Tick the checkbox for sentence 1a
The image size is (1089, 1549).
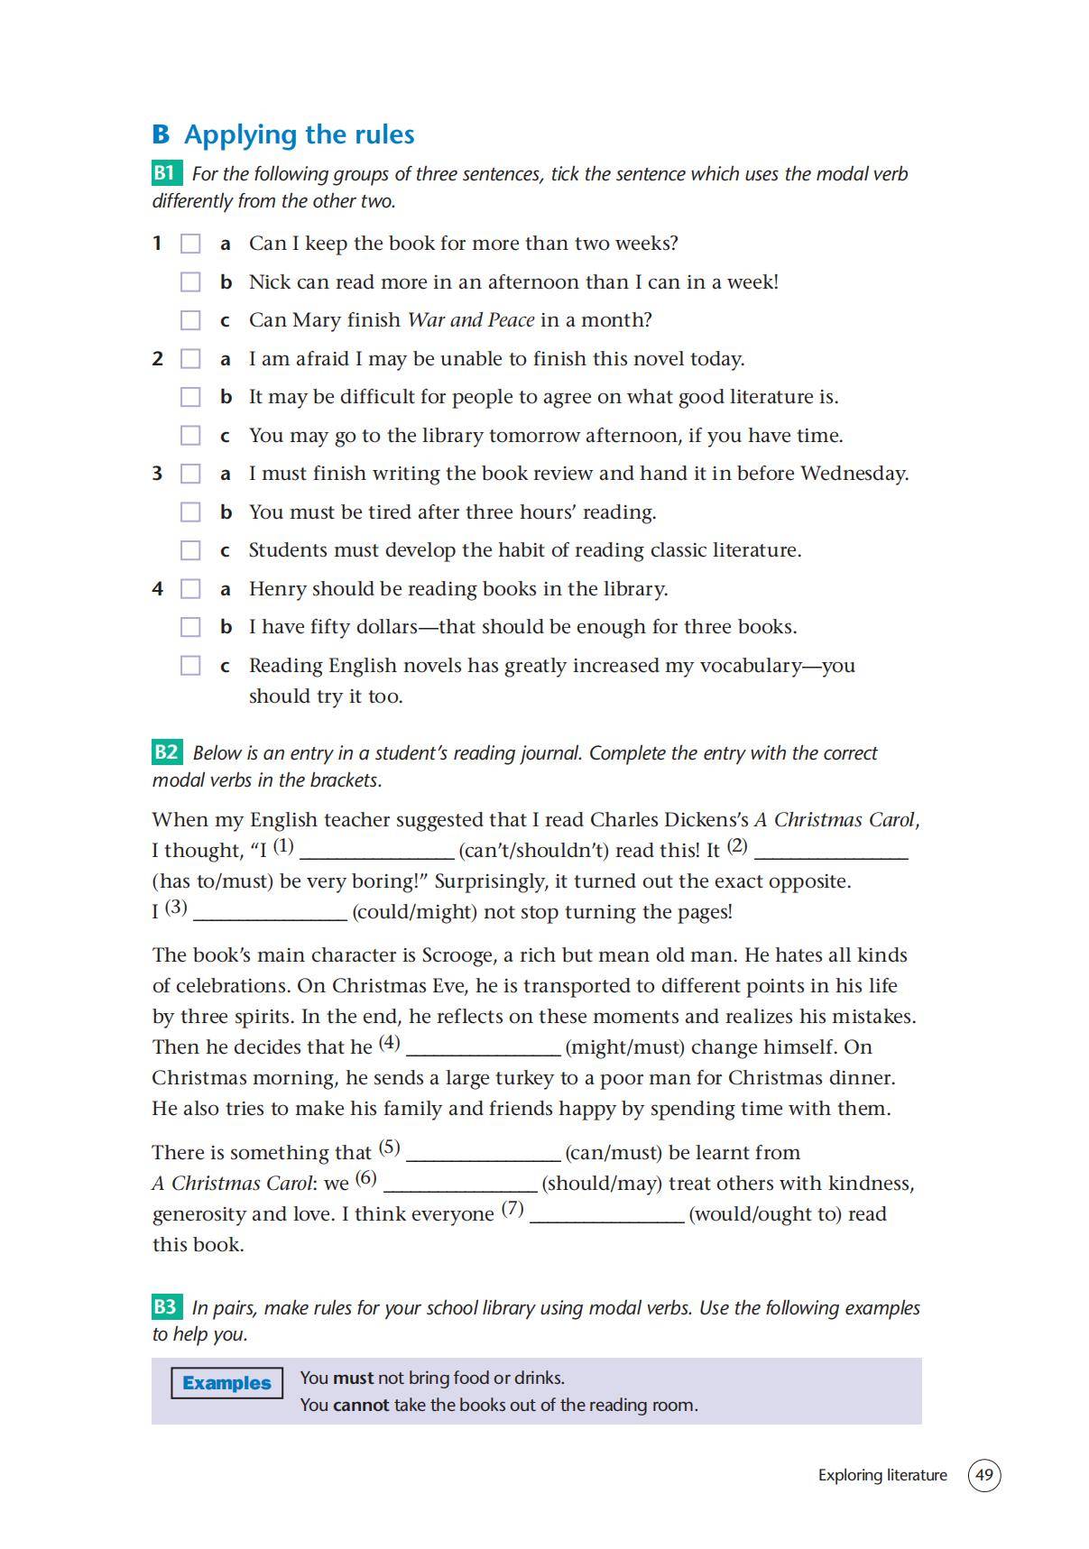[190, 244]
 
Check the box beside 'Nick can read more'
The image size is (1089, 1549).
[190, 282]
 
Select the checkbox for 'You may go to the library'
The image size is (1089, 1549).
[190, 436]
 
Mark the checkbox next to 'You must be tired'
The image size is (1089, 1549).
[190, 512]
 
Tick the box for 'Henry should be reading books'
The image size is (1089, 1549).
[190, 589]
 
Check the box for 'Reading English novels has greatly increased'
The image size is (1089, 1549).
[190, 666]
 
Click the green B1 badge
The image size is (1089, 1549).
[167, 173]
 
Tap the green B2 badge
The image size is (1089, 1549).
[167, 752]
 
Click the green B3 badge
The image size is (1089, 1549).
[167, 1307]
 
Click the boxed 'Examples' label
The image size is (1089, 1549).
[226, 1383]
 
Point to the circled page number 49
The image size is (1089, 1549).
[984, 1476]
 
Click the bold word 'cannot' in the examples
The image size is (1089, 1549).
[361, 1406]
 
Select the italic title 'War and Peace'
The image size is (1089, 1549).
[470, 320]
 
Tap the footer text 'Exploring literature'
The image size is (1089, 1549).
[882, 1476]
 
